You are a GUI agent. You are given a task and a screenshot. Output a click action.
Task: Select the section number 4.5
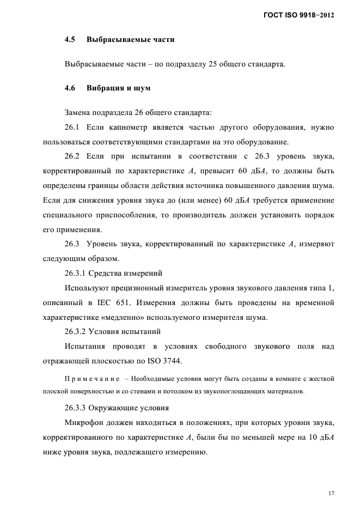70,40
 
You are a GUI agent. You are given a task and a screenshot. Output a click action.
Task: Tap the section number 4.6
70,88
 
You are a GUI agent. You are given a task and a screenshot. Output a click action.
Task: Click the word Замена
79,113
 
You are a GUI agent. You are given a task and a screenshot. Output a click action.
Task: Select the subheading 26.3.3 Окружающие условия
117,407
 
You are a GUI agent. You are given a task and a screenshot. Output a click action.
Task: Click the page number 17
331,494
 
